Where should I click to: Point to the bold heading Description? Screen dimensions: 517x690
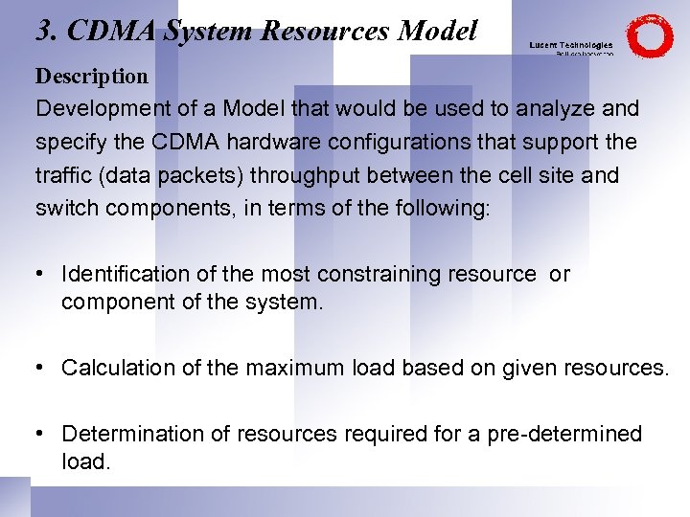click(x=92, y=76)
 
